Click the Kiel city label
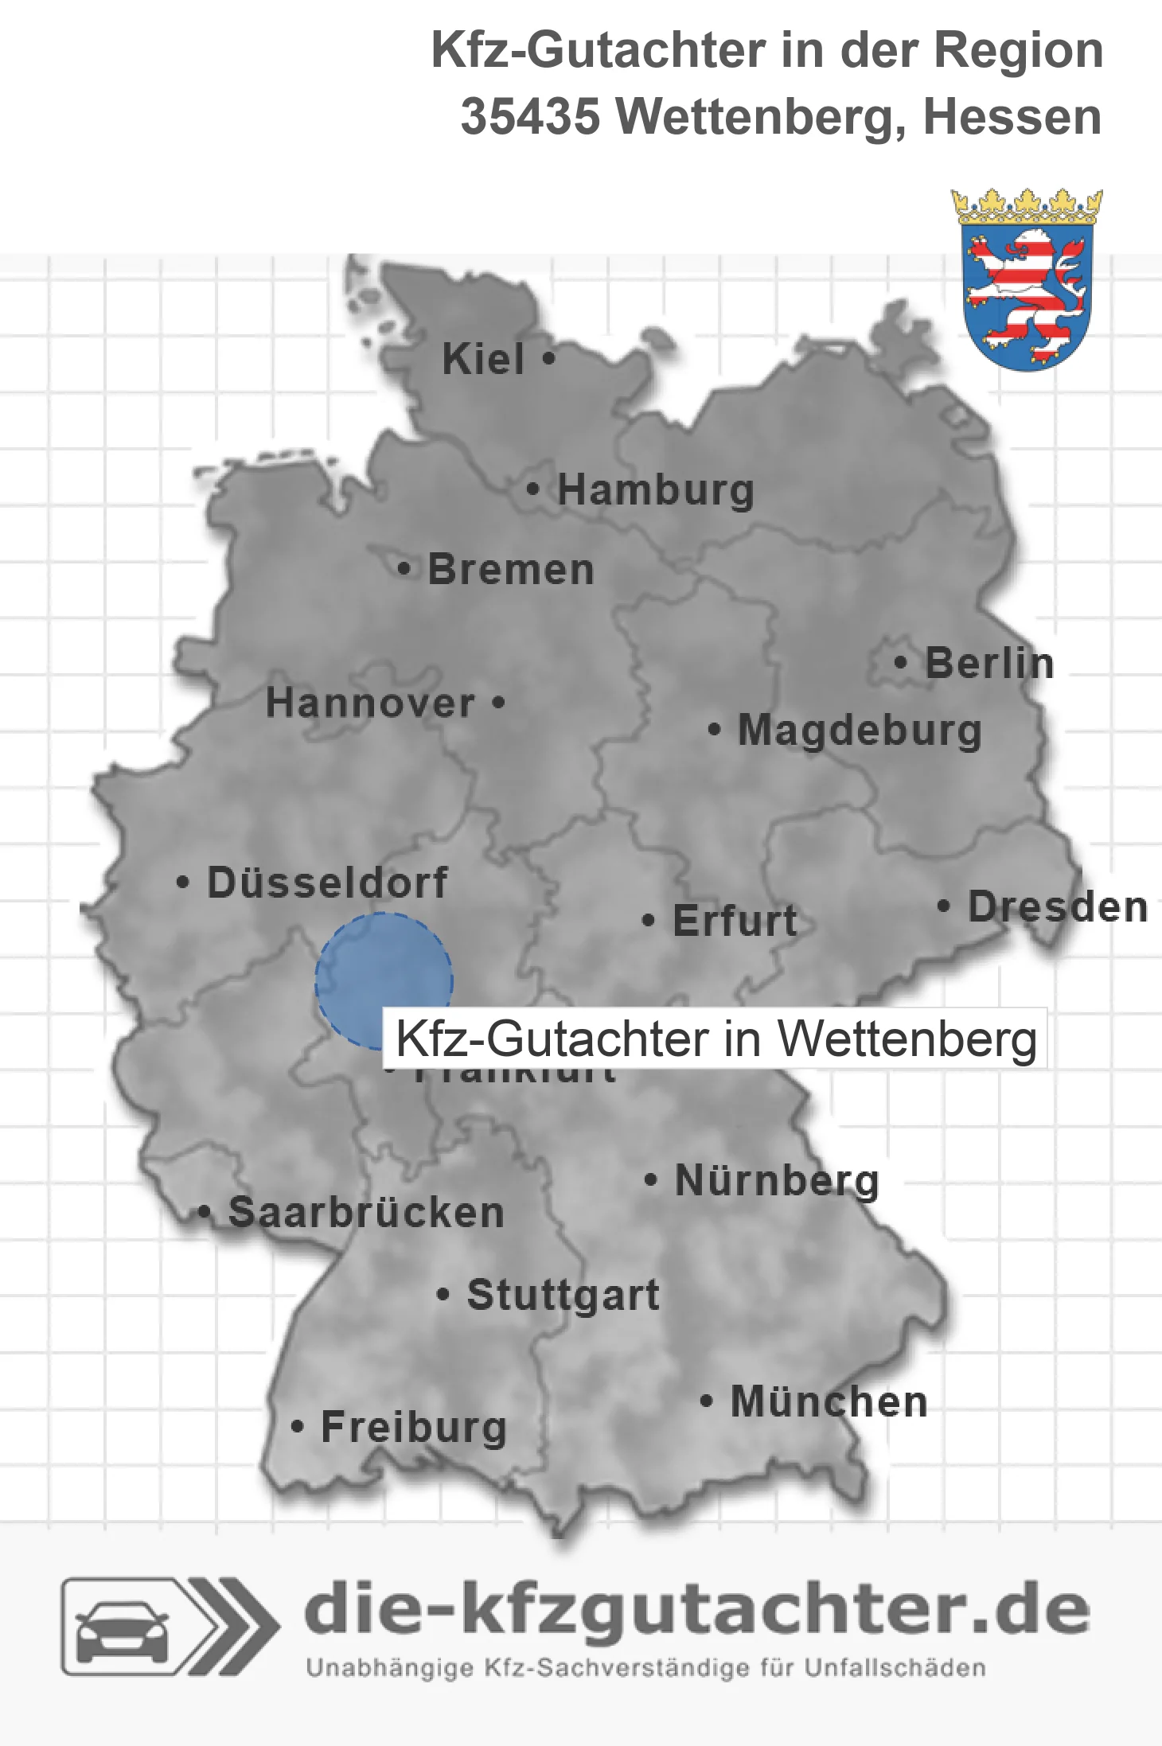483,359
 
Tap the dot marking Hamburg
532,489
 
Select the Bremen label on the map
511,570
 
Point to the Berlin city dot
900,662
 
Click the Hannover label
370,703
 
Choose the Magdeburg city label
860,731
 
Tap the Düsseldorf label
327,883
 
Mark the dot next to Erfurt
649,921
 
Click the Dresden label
1058,907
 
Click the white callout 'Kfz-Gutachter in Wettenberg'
716,1039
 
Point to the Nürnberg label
777,1181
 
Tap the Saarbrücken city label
366,1213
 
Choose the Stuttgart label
563,1295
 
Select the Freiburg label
414,1428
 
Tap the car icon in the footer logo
122,1628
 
